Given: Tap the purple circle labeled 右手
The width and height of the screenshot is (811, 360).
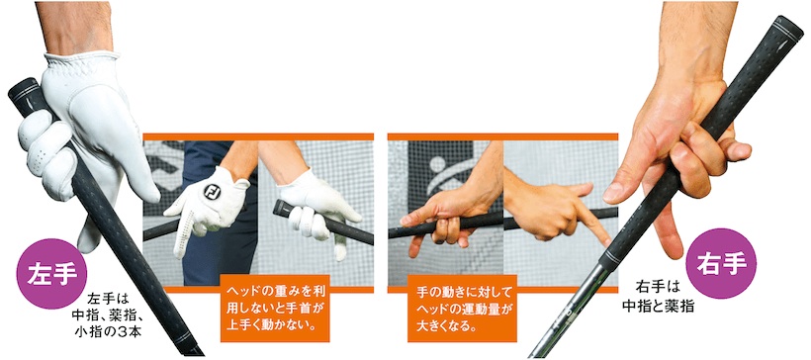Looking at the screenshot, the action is point(721,264).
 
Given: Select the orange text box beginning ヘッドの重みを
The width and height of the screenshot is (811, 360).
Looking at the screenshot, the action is point(275,309).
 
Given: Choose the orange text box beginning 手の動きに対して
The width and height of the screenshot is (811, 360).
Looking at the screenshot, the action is point(462,309).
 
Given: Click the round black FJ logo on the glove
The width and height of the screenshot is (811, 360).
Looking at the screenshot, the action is point(212,192).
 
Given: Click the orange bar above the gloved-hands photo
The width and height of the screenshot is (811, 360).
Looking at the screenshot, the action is point(258,137).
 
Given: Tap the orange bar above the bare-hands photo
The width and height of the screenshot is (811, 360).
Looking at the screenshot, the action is point(502,137).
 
